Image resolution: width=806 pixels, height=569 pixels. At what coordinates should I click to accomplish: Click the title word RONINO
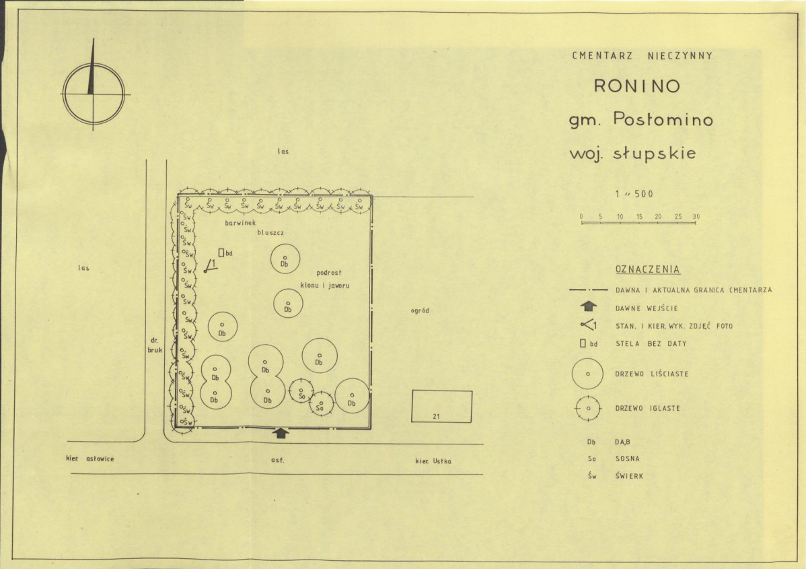[637, 86]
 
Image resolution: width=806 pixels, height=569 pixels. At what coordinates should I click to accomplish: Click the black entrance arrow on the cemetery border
[280, 433]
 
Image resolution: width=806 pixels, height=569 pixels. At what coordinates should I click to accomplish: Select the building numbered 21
[441, 407]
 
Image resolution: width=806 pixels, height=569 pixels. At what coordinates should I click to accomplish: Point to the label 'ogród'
[420, 310]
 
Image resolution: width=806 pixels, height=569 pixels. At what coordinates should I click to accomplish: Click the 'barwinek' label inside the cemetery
[240, 223]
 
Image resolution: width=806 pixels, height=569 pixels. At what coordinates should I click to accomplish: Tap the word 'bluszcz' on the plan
[270, 232]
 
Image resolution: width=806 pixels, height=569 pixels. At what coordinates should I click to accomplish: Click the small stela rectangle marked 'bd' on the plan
[221, 253]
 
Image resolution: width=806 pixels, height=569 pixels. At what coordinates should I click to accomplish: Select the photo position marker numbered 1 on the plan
[210, 265]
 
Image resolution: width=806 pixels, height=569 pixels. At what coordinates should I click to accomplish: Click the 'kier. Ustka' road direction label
[433, 461]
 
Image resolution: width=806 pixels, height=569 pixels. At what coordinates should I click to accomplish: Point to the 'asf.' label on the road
[278, 459]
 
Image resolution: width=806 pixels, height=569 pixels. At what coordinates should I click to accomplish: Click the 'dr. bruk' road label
[155, 345]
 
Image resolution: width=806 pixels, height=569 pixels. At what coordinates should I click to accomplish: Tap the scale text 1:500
[634, 194]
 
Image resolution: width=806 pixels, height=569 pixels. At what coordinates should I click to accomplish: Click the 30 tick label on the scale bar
[696, 217]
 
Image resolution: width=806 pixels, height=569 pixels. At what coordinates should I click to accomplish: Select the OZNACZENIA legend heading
[647, 269]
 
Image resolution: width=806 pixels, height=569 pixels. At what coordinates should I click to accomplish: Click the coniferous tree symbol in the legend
[588, 409]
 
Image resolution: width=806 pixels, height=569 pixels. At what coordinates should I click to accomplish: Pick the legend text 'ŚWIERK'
[628, 476]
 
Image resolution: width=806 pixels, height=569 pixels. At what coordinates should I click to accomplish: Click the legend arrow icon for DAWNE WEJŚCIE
[589, 306]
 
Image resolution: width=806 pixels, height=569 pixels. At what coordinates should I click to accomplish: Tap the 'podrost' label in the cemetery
[328, 273]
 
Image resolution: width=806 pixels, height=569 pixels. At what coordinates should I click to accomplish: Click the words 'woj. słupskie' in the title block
[633, 154]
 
